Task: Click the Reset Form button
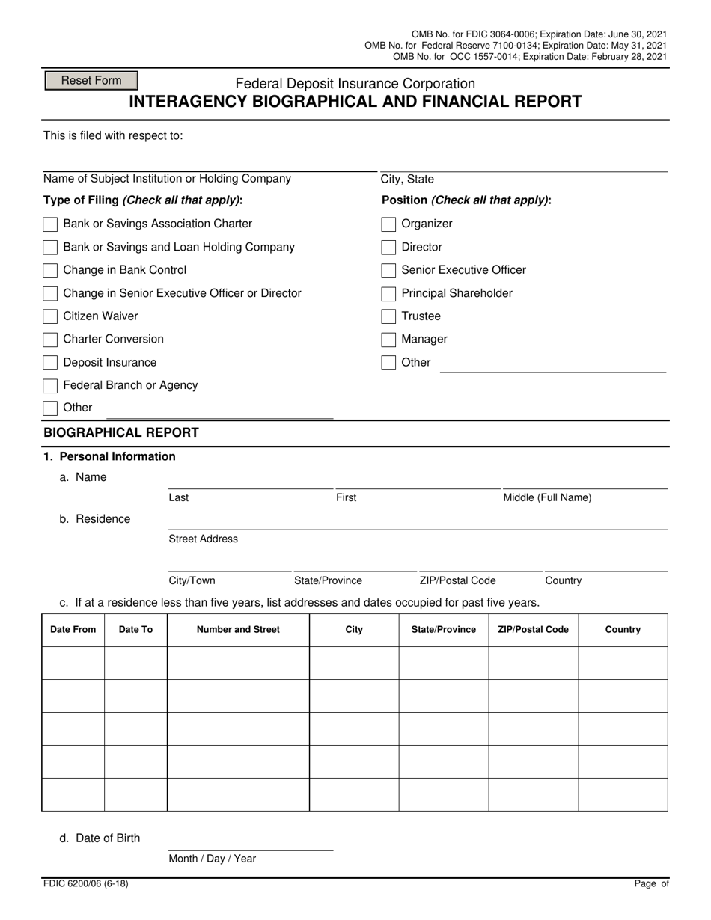pyautogui.click(x=91, y=81)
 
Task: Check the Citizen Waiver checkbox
pyautogui.click(x=50, y=316)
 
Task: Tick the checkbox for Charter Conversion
pyautogui.click(x=50, y=340)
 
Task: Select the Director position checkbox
pyautogui.click(x=388, y=248)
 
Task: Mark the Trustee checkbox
pyautogui.click(x=388, y=316)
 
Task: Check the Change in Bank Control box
pyautogui.click(x=50, y=270)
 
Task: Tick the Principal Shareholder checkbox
pyautogui.click(x=388, y=293)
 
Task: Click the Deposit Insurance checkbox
pyautogui.click(x=50, y=363)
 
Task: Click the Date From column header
pyautogui.click(x=73, y=630)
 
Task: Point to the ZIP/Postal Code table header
pyautogui.click(x=533, y=630)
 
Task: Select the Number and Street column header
pyautogui.click(x=238, y=630)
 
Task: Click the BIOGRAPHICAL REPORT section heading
pyautogui.click(x=121, y=433)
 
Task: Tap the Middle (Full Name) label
pyautogui.click(x=547, y=498)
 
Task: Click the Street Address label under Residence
pyautogui.click(x=203, y=539)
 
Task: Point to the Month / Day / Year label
pyautogui.click(x=212, y=859)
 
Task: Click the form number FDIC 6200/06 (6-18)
pyautogui.click(x=85, y=884)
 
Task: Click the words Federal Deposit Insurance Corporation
pyautogui.click(x=355, y=84)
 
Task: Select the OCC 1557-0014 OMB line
pyautogui.click(x=530, y=57)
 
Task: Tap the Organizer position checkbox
pyautogui.click(x=388, y=224)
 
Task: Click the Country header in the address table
pyautogui.click(x=623, y=630)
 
